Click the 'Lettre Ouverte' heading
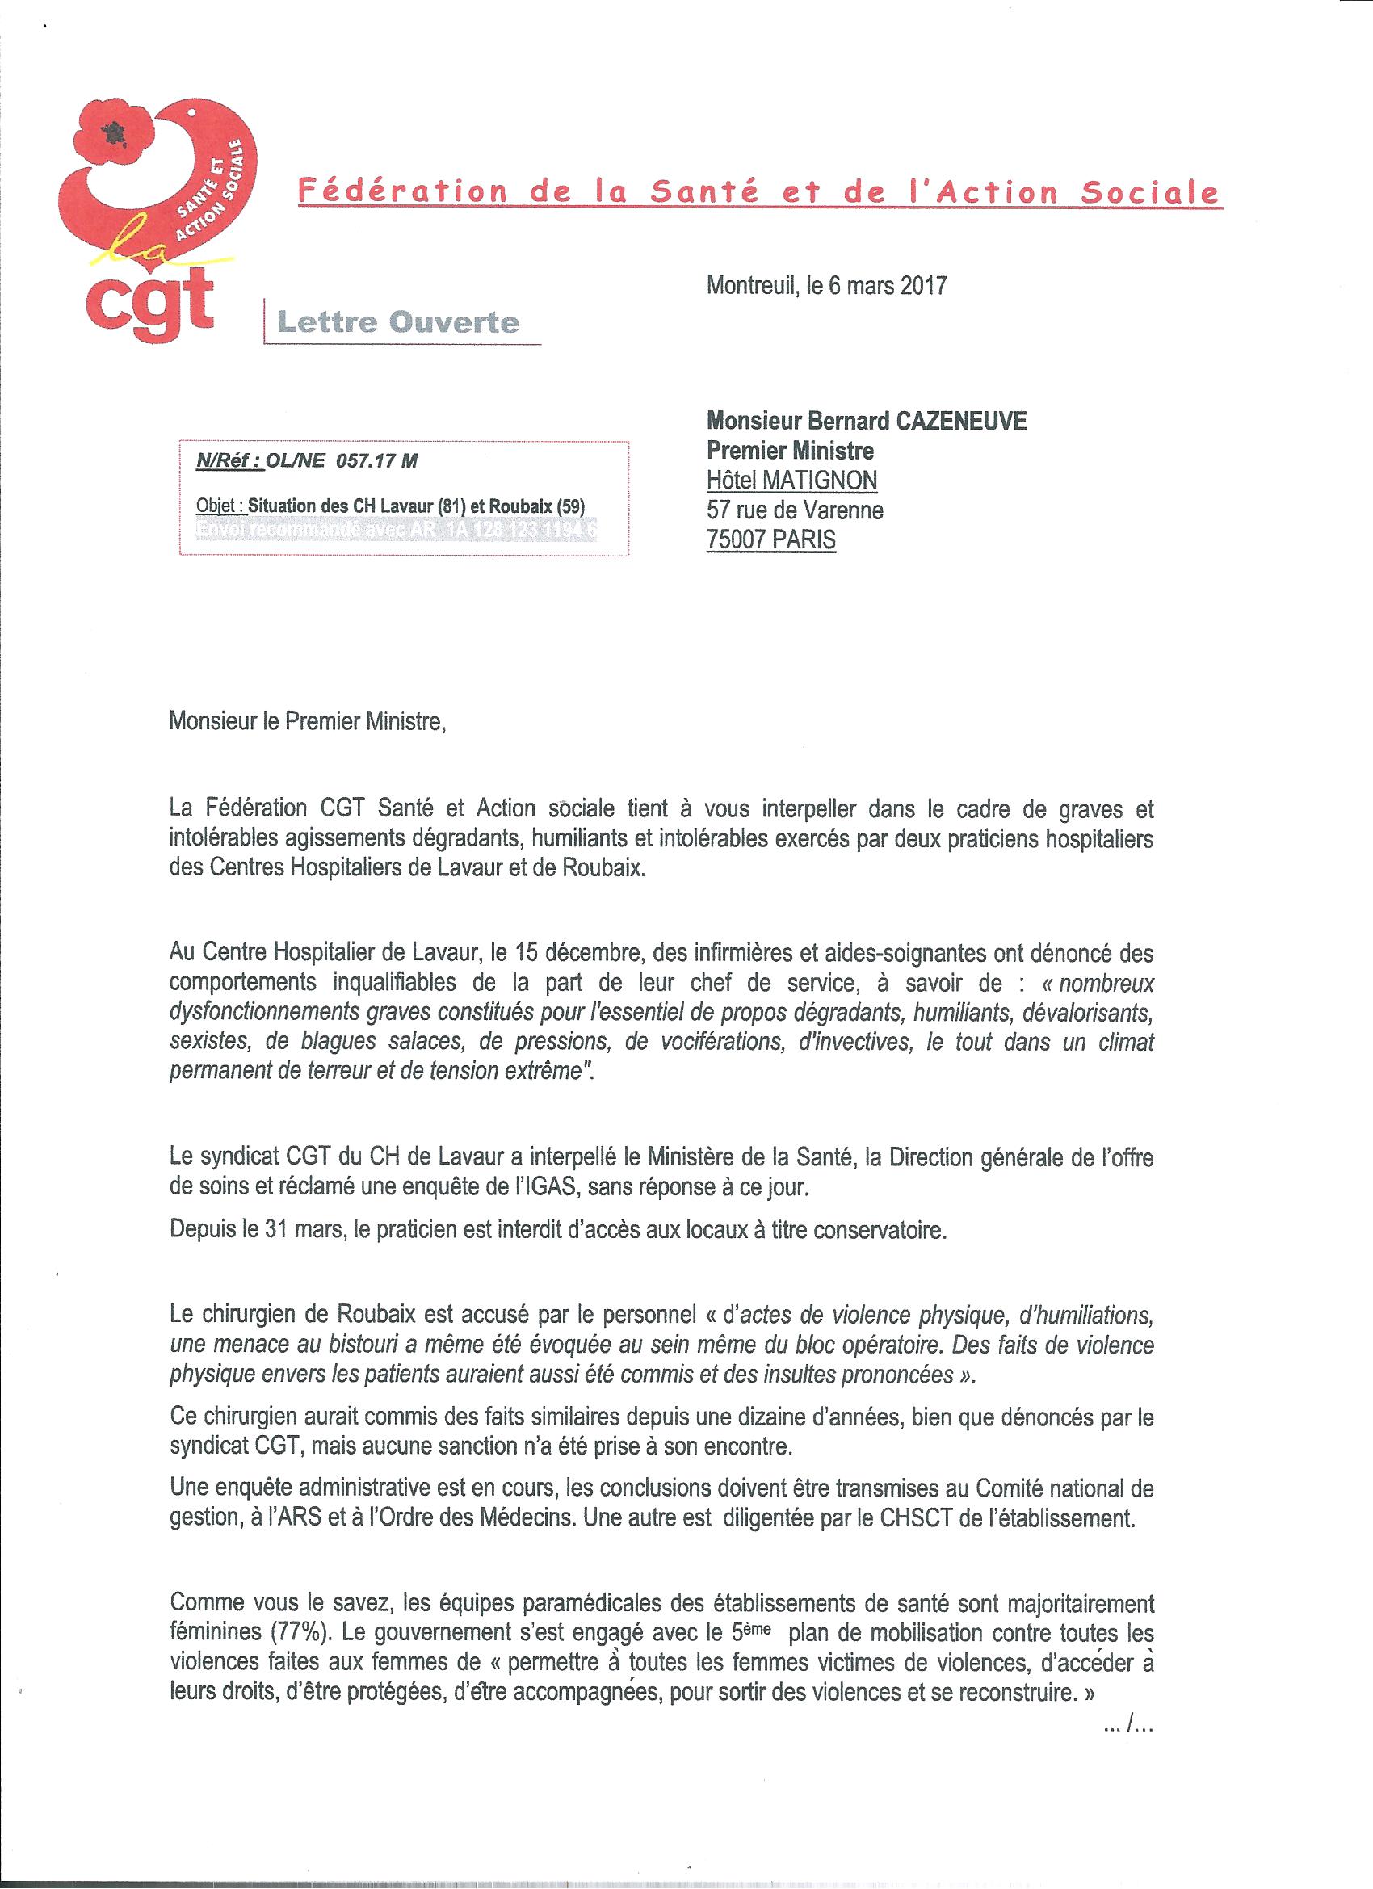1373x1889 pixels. pyautogui.click(x=397, y=321)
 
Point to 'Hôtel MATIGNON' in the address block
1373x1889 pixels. pyautogui.click(x=791, y=480)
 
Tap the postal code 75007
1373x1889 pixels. pyautogui.click(x=737, y=539)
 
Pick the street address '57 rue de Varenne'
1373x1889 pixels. pyautogui.click(x=795, y=510)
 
